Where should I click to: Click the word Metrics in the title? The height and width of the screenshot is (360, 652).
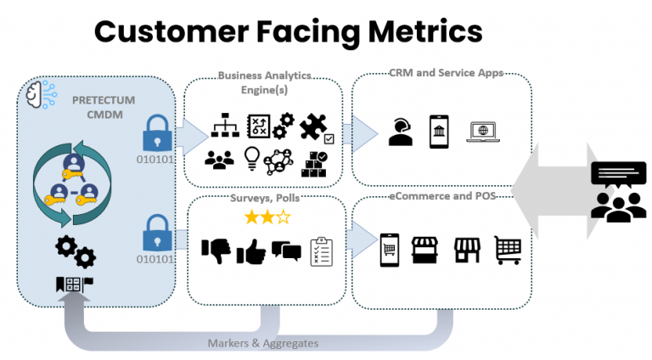(x=425, y=31)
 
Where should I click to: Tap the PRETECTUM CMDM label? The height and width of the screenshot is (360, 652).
(x=104, y=107)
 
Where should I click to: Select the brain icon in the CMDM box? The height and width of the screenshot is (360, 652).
(x=41, y=95)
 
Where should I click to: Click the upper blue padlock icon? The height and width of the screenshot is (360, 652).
(x=157, y=133)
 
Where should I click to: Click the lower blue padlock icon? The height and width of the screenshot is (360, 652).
(x=157, y=233)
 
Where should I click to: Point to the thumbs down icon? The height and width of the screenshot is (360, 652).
(x=216, y=250)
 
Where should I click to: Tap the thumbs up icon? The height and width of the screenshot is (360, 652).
(x=251, y=251)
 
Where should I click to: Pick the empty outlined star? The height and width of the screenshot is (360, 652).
(x=284, y=217)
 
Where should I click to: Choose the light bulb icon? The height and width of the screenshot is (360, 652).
(x=252, y=159)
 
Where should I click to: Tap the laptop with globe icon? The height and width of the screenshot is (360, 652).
(x=483, y=132)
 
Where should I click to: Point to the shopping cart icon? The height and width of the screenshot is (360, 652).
(x=508, y=250)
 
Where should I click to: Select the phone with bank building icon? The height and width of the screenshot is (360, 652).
(x=439, y=132)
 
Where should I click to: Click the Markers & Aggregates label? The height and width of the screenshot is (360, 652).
(x=263, y=343)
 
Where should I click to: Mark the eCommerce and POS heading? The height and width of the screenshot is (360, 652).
(x=442, y=196)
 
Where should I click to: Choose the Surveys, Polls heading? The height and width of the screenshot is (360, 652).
(x=265, y=198)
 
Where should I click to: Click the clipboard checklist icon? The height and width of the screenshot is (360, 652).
(x=322, y=251)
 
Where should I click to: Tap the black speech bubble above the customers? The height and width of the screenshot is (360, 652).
(x=619, y=174)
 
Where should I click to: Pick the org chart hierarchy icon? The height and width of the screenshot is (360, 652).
(x=225, y=125)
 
